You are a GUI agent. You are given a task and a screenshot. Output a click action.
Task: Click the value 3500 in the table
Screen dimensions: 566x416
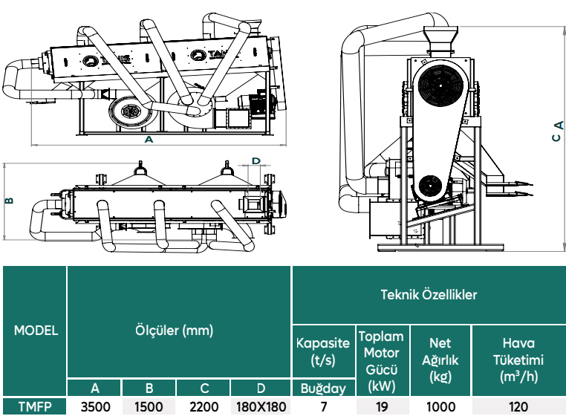click(95, 407)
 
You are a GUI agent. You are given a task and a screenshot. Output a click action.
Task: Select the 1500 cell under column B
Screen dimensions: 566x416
click(149, 407)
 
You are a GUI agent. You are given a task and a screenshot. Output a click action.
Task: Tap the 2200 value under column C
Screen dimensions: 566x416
click(204, 407)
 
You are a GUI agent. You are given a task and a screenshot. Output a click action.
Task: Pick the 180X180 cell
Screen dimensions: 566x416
click(261, 407)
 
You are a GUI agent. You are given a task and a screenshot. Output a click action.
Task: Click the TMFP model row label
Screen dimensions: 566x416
click(35, 407)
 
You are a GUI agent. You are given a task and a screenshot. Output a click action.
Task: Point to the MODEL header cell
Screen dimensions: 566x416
click(36, 331)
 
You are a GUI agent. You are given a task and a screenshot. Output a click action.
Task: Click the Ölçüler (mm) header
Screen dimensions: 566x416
click(174, 331)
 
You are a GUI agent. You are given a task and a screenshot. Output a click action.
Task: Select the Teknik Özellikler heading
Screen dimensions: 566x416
click(429, 295)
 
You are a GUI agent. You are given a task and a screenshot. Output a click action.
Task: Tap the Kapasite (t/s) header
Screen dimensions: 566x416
click(323, 351)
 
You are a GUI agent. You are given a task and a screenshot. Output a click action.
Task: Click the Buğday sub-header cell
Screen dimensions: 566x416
click(323, 389)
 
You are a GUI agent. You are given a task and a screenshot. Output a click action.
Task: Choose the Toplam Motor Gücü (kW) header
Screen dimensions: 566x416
click(382, 361)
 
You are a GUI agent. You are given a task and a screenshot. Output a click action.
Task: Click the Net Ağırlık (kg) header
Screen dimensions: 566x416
click(440, 360)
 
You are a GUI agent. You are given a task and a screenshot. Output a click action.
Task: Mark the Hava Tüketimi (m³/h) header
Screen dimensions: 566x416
click(518, 360)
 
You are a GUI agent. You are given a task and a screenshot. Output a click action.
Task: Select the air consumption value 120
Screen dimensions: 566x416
click(518, 407)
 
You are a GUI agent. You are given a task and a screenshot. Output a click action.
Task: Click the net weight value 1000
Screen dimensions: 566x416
click(440, 407)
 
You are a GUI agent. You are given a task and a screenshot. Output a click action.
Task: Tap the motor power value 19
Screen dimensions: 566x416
click(382, 407)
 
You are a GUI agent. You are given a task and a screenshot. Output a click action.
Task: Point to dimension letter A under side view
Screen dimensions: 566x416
click(149, 140)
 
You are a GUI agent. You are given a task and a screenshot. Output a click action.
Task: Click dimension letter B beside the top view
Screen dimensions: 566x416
click(10, 201)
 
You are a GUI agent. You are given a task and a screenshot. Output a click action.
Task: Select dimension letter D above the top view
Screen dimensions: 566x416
click(256, 160)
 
